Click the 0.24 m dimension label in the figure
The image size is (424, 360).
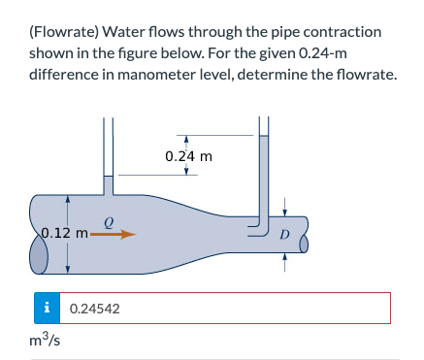(188, 155)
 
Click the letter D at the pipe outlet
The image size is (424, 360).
(284, 234)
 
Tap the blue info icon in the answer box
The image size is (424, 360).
(46, 309)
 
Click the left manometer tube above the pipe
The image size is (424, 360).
(110, 155)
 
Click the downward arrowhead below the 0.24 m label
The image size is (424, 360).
(186, 171)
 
